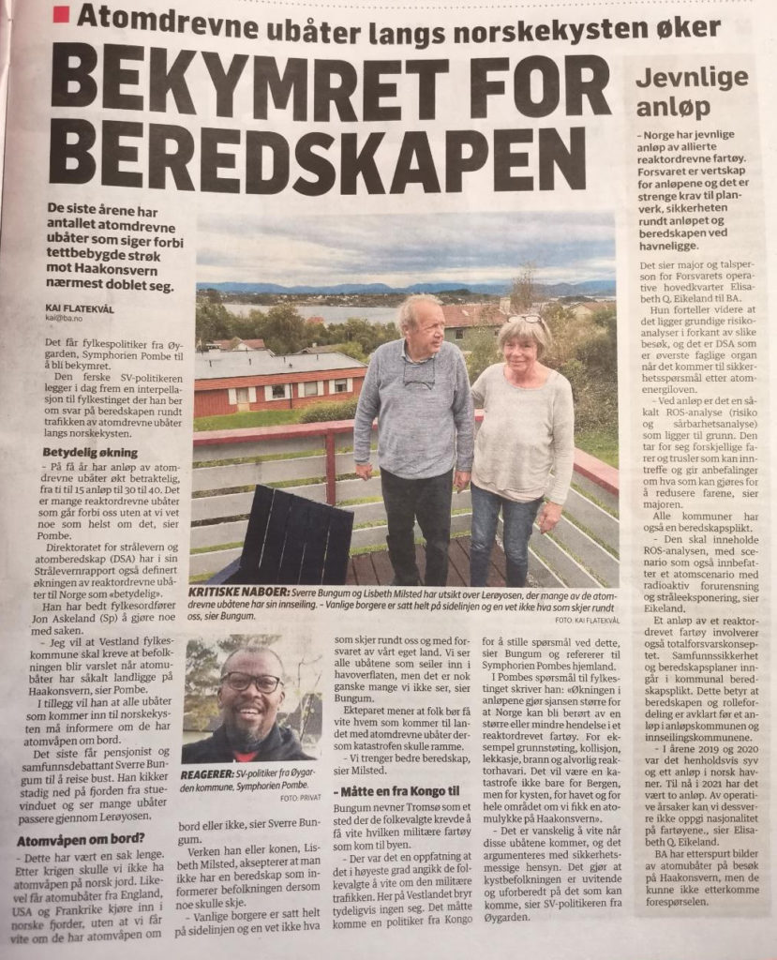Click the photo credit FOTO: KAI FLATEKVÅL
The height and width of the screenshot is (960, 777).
tap(577, 621)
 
